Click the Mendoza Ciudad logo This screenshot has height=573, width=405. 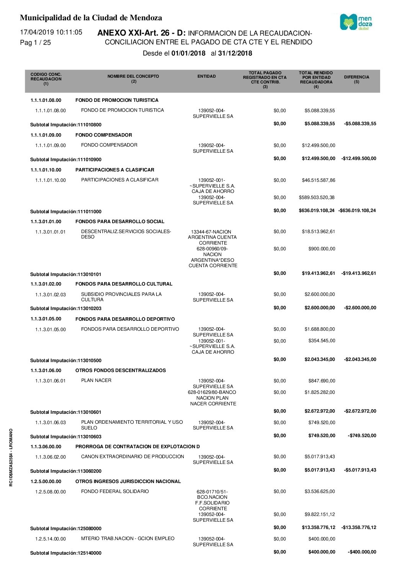pos(356,22)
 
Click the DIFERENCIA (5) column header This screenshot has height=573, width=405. pos(356,79)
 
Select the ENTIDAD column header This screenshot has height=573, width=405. pos(206,77)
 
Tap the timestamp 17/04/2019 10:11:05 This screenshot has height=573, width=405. pos(51,32)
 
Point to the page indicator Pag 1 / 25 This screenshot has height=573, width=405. pos(35,42)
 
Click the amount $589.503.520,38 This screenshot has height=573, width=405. pos(317,198)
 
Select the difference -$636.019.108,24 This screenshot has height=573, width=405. pos(357,211)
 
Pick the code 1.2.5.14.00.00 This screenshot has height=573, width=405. pos(51,539)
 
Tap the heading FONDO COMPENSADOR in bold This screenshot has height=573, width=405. pos(104,135)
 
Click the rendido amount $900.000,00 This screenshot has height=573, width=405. pos(322,249)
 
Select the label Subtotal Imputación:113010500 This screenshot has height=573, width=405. pos(66,361)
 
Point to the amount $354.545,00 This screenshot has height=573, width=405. pos(322,341)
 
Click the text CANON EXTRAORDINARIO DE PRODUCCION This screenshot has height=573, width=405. pos(132,457)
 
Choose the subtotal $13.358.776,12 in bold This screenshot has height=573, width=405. pos(318,527)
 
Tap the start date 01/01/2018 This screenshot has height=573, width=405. pos(188,54)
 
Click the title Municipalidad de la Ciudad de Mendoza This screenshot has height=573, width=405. pos(91,18)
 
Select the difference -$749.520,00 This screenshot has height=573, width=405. pos(362,436)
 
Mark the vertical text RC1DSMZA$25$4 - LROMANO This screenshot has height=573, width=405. pos(11,457)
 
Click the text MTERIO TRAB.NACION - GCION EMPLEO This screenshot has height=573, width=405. pos(127,539)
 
